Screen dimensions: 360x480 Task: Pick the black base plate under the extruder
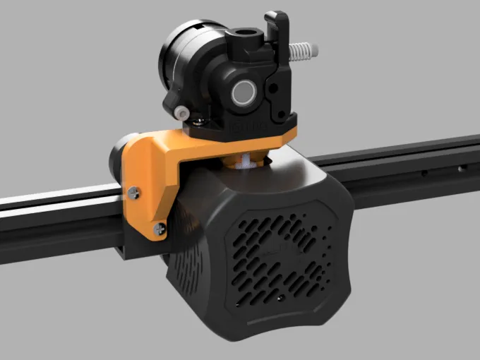tap(244, 127)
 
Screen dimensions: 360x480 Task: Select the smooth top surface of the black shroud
tap(296, 180)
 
